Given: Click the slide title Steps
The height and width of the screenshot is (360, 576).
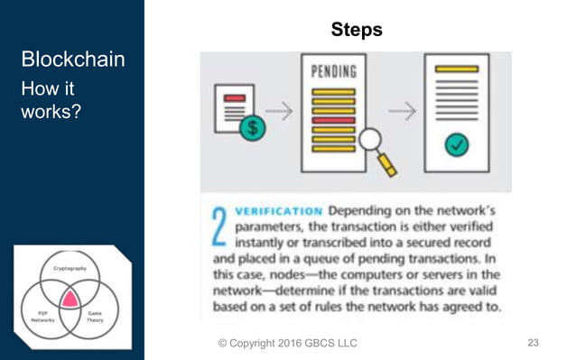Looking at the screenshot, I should pos(358,30).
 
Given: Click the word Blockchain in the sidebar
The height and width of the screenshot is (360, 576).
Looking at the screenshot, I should pos(72,60).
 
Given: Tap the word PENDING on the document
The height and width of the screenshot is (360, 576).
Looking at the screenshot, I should pos(332,70).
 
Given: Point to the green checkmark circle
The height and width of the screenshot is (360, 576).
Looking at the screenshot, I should pos(458,143).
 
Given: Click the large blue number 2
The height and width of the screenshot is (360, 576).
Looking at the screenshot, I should pos(218,227).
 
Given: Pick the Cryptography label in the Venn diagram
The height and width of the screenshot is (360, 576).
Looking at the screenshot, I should pos(70,269).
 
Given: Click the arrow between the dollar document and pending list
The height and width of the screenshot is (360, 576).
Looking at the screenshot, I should pos(281,112).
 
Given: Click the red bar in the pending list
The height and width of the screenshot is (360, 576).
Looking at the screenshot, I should pos(332,119).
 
